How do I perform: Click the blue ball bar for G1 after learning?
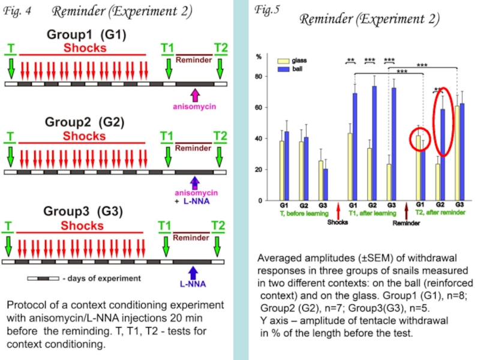coord(355,146)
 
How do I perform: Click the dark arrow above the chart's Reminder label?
coord(406,211)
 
